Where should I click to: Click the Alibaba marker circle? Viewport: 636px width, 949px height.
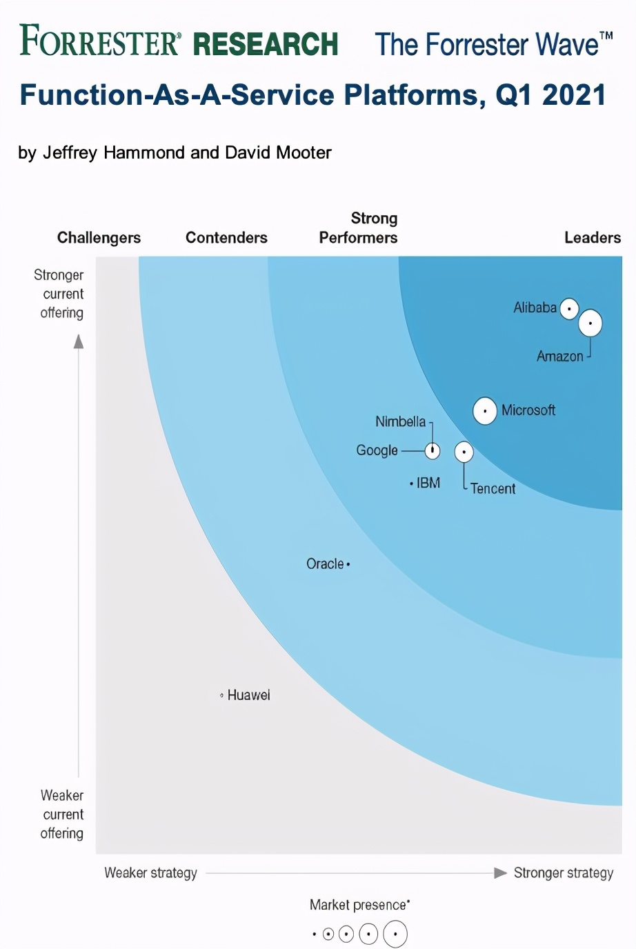569,308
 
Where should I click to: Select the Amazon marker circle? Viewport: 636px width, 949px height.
590,323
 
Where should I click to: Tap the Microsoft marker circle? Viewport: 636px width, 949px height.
485,411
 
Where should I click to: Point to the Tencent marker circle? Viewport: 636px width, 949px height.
464,452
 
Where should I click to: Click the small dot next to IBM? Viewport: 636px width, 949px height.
411,483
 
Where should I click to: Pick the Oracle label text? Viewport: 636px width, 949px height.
325,564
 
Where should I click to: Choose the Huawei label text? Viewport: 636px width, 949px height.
249,695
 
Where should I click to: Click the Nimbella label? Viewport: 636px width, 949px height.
400,421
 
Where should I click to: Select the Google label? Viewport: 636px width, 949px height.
377,450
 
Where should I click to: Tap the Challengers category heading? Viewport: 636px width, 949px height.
99,238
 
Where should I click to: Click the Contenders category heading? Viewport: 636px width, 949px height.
226,238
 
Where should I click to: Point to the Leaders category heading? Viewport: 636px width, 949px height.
593,238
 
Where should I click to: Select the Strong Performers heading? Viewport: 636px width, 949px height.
359,228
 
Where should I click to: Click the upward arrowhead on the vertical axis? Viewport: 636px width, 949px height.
79,341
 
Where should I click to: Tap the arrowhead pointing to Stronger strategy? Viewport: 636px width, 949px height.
501,873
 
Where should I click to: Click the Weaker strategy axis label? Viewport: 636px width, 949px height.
150,873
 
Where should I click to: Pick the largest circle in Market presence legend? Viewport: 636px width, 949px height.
395,935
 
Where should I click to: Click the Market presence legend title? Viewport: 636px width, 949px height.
359,905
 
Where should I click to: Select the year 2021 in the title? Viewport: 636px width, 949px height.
574,95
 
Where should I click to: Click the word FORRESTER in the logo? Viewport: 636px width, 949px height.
100,41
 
